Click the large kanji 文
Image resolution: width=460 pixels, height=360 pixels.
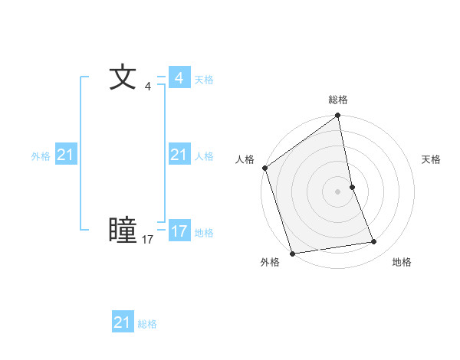pos(123,77)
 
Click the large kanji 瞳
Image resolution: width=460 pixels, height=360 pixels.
pos(123,230)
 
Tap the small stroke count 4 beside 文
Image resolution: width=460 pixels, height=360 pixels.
pos(147,86)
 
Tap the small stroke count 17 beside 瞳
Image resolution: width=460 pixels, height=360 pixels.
pos(147,240)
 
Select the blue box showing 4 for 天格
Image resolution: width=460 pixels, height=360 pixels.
pos(179,78)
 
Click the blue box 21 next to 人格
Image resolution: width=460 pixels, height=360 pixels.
pos(179,155)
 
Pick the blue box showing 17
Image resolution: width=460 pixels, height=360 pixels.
pos(179,231)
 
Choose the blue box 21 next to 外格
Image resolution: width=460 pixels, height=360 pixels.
pos(65,155)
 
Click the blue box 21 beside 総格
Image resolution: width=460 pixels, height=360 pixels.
pos(122,322)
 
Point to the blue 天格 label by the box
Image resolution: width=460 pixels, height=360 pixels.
pos(204,80)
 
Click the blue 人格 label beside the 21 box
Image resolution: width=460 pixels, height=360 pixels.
pos(204,156)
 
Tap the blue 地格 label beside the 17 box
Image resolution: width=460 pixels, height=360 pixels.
pos(204,233)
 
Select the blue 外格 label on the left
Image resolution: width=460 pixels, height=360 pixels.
pos(41,156)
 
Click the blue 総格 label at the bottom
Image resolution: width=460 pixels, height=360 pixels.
pos(147,324)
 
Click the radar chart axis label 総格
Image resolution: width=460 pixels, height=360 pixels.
pos(338,100)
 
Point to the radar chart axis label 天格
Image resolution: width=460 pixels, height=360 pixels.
pos(432,159)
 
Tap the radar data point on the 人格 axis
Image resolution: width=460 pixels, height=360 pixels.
pos(265,168)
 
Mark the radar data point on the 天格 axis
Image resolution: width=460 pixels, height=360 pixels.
pos(352,187)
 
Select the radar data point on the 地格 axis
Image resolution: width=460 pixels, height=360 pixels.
pos(374,242)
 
